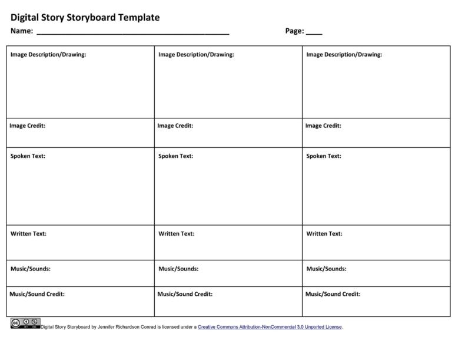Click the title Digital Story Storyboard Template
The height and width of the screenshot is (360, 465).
point(85,18)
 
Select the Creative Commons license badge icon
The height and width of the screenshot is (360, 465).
point(25,323)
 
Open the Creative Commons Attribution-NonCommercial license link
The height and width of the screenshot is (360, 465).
point(270,327)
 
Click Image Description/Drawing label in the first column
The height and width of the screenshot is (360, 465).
point(48,55)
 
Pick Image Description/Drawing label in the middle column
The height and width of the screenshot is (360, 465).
point(196,55)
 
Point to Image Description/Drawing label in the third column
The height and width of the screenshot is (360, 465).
point(344,55)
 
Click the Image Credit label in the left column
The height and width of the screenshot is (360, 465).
point(27,125)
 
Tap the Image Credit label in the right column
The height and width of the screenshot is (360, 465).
point(323,125)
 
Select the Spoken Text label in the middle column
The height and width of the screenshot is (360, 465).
point(175,156)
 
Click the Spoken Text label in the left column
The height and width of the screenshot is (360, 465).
point(28,156)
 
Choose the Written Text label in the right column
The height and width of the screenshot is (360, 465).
point(324,234)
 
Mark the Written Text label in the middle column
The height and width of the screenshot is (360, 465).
point(176,234)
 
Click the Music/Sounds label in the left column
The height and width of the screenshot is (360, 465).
point(30,269)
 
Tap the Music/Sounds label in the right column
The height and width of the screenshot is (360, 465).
point(326,269)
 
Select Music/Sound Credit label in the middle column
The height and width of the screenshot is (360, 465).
point(185,294)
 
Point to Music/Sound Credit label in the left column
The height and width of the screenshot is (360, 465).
point(37,294)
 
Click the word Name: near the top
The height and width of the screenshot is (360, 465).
point(21,32)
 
